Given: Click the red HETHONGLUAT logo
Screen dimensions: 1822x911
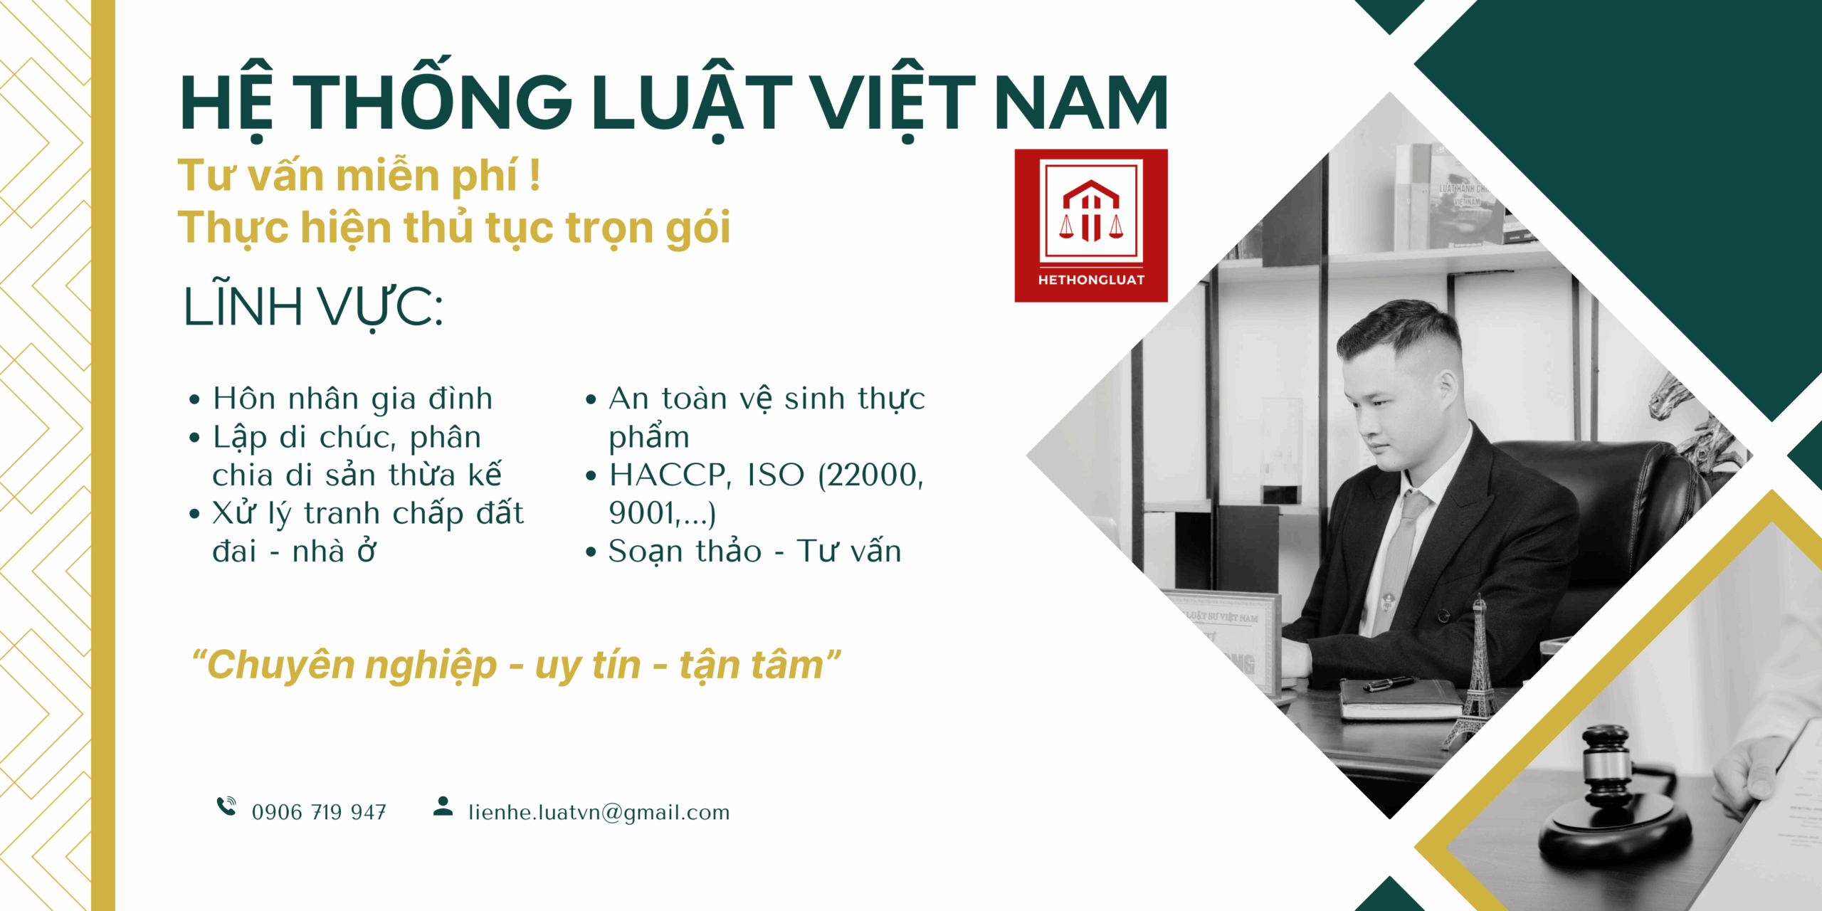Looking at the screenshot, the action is (x=1091, y=226).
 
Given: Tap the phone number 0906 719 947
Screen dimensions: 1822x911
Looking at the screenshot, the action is (x=319, y=812).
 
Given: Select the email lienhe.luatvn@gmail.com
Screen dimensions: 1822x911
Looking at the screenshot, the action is (x=599, y=813).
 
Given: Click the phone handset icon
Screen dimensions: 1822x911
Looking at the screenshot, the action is (x=226, y=806).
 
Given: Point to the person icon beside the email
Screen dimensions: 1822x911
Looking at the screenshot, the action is (x=443, y=806).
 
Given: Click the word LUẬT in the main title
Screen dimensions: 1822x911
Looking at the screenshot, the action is (x=691, y=100).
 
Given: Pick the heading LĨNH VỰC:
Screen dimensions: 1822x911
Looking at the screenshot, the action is (x=313, y=307).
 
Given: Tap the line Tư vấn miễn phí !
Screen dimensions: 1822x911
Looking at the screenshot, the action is (x=359, y=176).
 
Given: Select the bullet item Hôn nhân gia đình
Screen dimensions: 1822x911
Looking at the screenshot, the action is (x=352, y=399).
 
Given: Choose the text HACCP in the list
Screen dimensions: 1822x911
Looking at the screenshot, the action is (x=670, y=475).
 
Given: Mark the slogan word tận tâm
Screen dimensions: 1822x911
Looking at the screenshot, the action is (x=751, y=665).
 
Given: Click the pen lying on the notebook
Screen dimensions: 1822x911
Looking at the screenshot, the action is (x=1389, y=684).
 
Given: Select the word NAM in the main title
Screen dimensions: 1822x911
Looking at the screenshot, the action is (x=1080, y=103).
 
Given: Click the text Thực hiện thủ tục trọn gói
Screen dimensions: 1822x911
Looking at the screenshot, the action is (x=454, y=228).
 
